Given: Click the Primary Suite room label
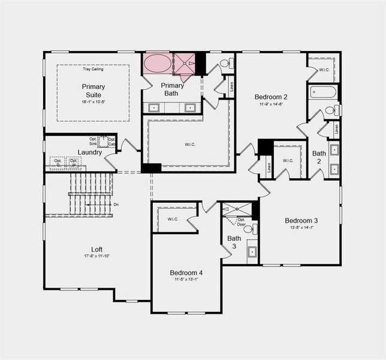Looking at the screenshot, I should [x=93, y=91].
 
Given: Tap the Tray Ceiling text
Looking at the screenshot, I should [x=93, y=69].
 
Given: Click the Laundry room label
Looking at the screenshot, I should [x=89, y=152].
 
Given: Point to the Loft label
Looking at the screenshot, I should [x=96, y=249].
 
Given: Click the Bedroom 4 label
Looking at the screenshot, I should [x=186, y=273].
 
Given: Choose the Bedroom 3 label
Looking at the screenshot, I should [x=301, y=220].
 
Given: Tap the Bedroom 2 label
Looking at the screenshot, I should [x=271, y=97].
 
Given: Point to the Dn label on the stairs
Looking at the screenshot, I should [x=116, y=205].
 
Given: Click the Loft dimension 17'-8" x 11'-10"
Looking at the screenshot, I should [x=96, y=256].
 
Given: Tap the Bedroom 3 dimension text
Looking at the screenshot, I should [x=301, y=227].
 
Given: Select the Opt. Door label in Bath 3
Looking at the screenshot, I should [x=241, y=221].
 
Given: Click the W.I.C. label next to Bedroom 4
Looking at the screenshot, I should [x=173, y=219].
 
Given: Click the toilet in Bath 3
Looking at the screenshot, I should [x=248, y=229].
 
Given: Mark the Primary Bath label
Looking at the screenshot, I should [x=173, y=89].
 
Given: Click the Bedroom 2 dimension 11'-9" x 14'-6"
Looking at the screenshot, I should [x=271, y=104].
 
